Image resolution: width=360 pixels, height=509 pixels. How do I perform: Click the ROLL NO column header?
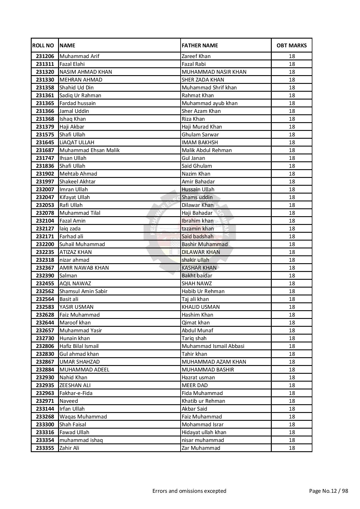pyautogui.click(x=43, y=45)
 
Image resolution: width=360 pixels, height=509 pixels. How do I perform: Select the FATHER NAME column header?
pyautogui.click(x=200, y=45)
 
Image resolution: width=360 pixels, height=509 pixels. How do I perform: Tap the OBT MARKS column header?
pyautogui.click(x=291, y=45)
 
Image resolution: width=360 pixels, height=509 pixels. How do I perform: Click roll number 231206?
pyautogui.click(x=45, y=56)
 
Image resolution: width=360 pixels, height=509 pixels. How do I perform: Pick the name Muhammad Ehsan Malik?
pyautogui.click(x=89, y=150)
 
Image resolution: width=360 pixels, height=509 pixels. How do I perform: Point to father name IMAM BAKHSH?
pyautogui.click(x=200, y=142)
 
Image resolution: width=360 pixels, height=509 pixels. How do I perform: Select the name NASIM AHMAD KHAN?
pyautogui.click(x=86, y=72)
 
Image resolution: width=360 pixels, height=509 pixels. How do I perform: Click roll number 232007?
pyautogui.click(x=45, y=189)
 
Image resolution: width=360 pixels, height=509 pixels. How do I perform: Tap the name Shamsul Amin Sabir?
pyautogui.click(x=83, y=291)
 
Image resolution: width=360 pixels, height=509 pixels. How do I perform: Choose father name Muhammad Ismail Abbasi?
pyautogui.click(x=213, y=346)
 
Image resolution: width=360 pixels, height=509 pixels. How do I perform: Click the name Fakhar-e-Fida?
pyautogui.click(x=76, y=393)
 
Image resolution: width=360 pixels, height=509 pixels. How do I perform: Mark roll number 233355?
pyautogui.click(x=45, y=448)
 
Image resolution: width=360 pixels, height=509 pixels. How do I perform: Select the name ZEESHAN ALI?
pyautogui.click(x=75, y=385)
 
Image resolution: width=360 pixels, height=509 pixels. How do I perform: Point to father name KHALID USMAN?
pyautogui.click(x=201, y=307)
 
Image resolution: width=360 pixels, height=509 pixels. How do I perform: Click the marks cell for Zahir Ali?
pyautogui.click(x=291, y=448)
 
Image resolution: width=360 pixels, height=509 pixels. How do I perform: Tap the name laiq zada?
pyautogui.click(x=70, y=229)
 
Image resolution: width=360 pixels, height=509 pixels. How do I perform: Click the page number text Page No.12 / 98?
pyautogui.click(x=328, y=491)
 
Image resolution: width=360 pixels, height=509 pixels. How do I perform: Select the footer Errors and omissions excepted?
pyautogui.click(x=189, y=491)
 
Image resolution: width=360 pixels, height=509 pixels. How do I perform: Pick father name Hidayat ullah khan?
pyautogui.click(x=204, y=432)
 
